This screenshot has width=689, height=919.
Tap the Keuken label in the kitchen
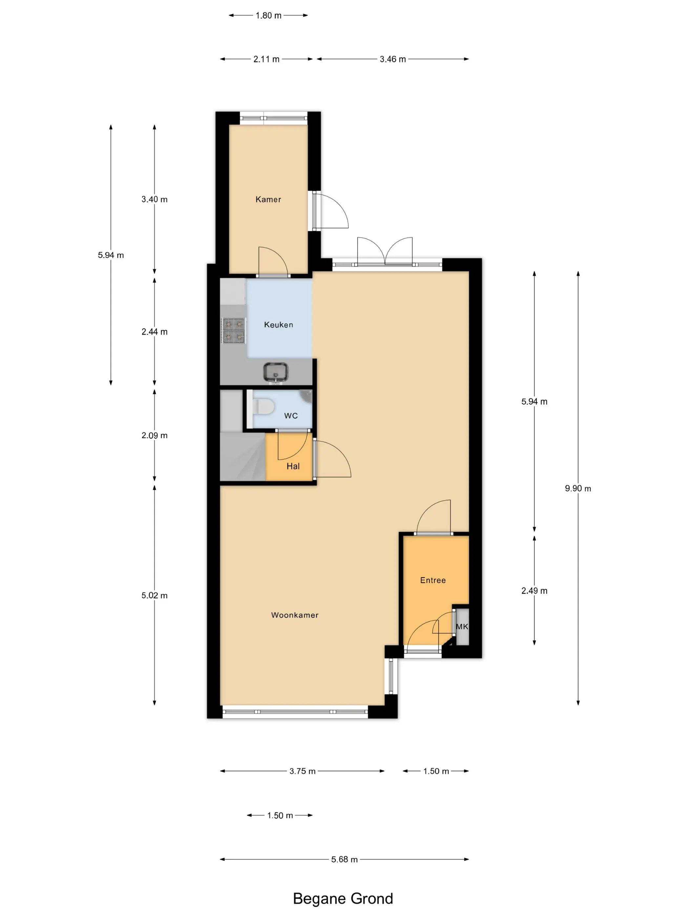(x=278, y=325)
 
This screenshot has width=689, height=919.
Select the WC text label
(x=291, y=416)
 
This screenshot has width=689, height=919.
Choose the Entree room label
(x=433, y=580)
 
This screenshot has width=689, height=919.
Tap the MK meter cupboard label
(x=462, y=627)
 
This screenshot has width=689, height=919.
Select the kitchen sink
(x=275, y=372)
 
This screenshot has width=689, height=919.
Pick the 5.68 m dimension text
(x=344, y=859)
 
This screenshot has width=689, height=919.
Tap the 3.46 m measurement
(x=392, y=59)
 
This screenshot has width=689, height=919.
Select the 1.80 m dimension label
(x=268, y=15)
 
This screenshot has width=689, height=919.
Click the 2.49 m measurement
(x=534, y=590)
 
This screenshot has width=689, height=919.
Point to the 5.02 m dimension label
(x=155, y=595)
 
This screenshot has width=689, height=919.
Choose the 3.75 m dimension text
(x=303, y=771)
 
